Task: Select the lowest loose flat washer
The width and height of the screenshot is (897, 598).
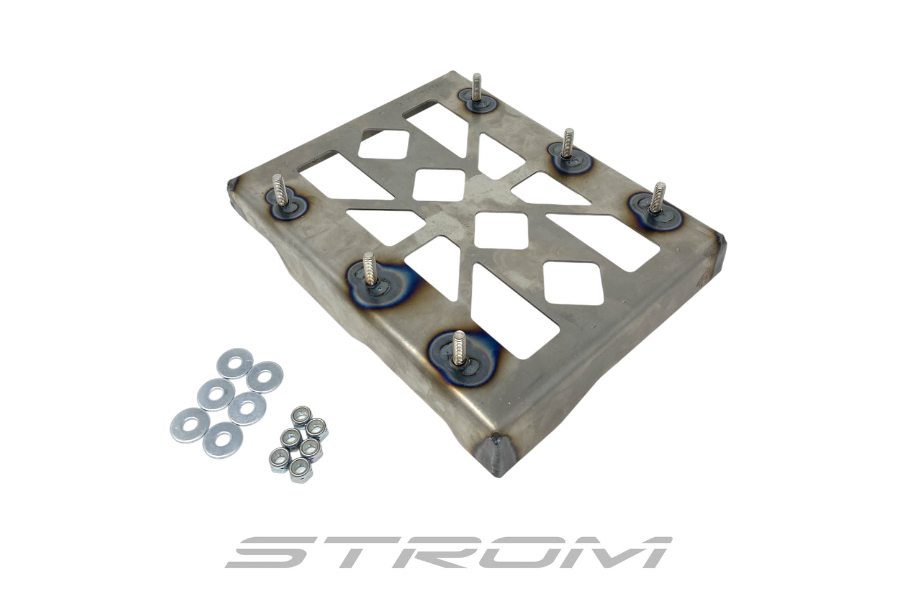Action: pyautogui.click(x=221, y=440)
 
